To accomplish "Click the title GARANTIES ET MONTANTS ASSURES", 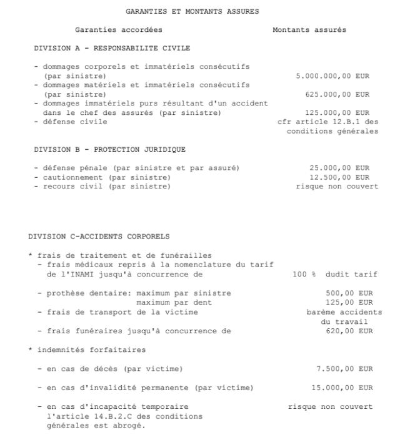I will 192,11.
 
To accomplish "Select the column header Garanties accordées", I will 118,30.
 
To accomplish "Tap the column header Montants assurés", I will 309,30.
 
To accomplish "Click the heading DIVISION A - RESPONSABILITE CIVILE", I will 112,48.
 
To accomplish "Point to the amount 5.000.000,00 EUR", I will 332,76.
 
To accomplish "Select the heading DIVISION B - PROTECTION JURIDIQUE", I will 109,150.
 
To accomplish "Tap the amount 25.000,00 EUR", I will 339,168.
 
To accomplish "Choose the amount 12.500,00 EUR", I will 339,177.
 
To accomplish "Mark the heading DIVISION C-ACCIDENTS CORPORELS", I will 99,237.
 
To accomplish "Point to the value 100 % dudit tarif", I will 335,274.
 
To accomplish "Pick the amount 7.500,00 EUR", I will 344,369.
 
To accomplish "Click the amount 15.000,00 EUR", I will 342,388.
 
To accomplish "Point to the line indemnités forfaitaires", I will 91,350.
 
